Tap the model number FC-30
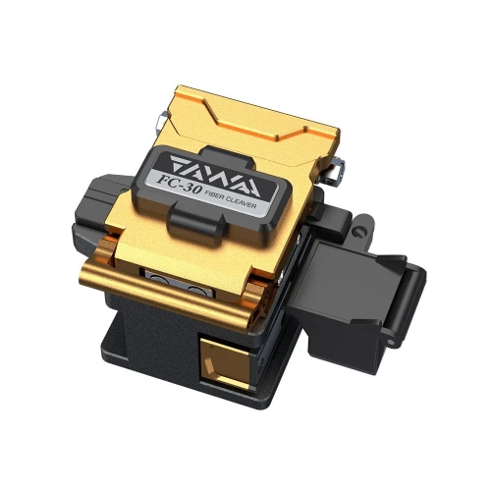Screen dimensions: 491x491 click(179, 185)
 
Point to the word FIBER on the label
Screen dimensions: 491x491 click(215, 195)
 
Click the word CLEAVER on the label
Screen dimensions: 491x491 click(243, 203)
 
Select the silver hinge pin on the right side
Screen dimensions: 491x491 click(335, 170)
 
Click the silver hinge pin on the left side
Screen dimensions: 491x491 click(162, 120)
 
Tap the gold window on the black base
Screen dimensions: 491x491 click(225, 362)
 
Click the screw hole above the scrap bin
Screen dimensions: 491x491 click(359, 232)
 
